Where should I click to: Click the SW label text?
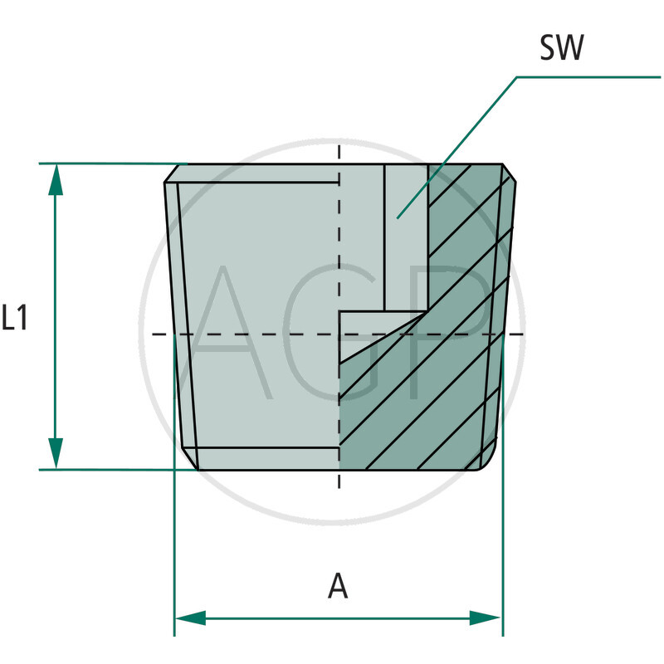point(561,49)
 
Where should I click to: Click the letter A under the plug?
point(338,586)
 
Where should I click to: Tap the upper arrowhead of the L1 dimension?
point(56,180)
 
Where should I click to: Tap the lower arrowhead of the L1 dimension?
point(56,453)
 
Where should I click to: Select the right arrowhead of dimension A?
point(486,618)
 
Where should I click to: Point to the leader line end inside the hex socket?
point(398,217)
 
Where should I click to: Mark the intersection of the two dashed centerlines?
point(339,334)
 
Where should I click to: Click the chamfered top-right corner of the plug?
point(510,173)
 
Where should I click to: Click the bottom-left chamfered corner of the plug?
point(189,460)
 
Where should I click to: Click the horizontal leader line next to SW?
point(589,77)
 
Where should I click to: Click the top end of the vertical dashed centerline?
point(339,146)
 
